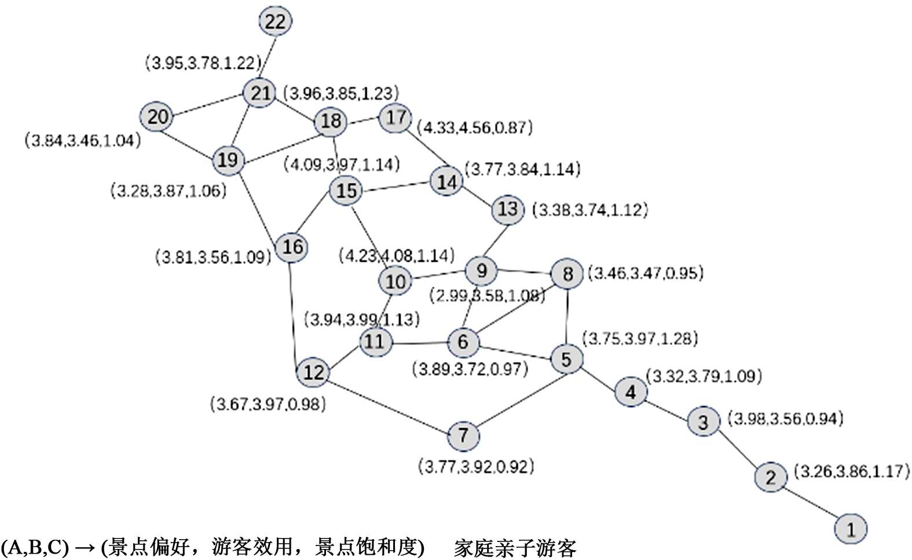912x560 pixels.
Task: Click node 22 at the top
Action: pos(275,21)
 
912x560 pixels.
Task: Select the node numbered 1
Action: pos(851,529)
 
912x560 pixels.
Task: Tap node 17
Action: pos(396,118)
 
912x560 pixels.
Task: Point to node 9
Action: pos(481,270)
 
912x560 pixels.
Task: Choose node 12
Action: pos(313,372)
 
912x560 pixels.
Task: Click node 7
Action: pos(463,435)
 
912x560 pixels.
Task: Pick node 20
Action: pos(157,117)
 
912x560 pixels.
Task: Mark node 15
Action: pos(346,190)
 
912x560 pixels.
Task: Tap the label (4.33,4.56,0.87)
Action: pos(475,127)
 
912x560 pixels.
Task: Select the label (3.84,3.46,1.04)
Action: pos(83,140)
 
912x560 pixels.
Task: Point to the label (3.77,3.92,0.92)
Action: pos(476,466)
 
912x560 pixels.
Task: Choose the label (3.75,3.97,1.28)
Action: pos(640,338)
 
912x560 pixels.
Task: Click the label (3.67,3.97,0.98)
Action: pos(268,404)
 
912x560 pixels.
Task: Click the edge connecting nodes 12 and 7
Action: pos(388,404)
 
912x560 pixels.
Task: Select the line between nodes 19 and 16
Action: pos(259,204)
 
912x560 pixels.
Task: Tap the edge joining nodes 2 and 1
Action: pos(811,503)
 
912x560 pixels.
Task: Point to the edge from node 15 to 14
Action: pos(396,186)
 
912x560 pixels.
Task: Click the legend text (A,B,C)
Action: pos(34,547)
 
